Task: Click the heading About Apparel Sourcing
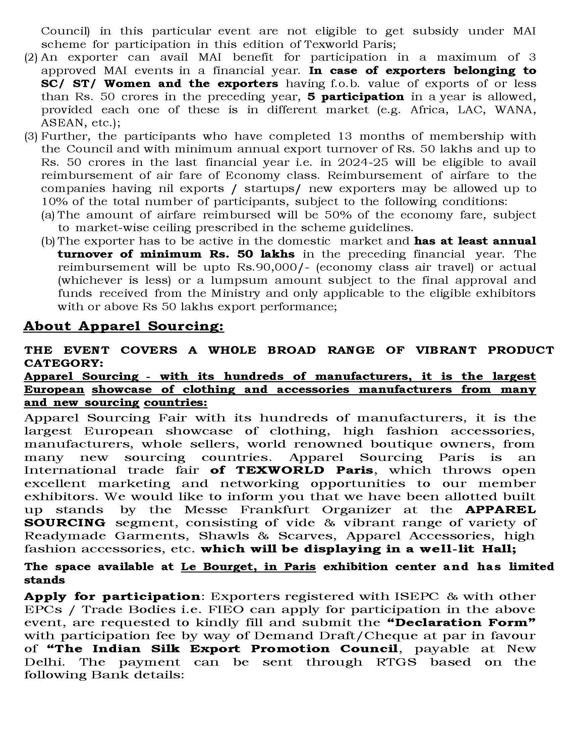(124, 326)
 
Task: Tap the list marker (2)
(31, 57)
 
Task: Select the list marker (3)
(31, 136)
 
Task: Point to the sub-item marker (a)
(48, 215)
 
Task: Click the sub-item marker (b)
(48, 241)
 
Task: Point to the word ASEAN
(62, 123)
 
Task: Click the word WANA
(515, 110)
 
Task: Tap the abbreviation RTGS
(396, 662)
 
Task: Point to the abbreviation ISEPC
(417, 596)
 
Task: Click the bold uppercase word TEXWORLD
(280, 470)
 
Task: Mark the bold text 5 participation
(355, 97)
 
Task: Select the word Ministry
(235, 293)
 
